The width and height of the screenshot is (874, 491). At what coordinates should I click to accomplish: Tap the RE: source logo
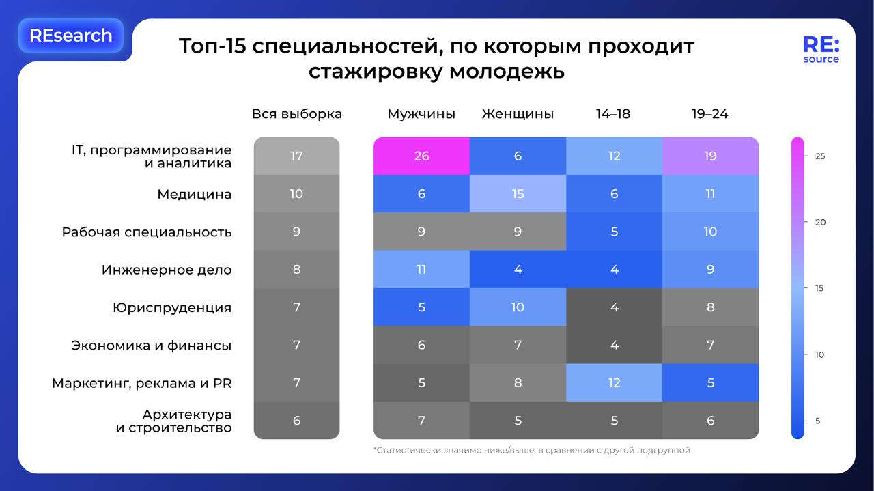[821, 50]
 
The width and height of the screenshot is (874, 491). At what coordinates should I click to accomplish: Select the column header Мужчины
[421, 114]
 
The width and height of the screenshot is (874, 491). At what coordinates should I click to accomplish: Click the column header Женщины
[518, 114]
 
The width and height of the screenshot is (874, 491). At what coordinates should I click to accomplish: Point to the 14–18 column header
[613, 114]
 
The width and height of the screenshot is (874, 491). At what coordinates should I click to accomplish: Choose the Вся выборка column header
[296, 114]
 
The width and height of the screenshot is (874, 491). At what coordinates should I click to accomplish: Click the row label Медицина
[194, 195]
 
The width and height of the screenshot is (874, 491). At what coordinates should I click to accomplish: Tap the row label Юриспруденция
[172, 308]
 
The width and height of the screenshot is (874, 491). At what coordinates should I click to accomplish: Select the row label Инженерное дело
[167, 270]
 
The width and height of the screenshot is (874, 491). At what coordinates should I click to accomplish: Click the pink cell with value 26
[421, 156]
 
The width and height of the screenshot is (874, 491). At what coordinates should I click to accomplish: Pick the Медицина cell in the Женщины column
[518, 194]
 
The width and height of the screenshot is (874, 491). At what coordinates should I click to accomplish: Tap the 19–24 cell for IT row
[710, 156]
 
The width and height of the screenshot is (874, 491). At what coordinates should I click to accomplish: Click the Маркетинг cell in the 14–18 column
[614, 382]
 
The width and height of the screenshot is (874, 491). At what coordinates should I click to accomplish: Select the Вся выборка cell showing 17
[296, 156]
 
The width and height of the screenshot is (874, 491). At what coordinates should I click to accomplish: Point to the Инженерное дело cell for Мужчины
[421, 269]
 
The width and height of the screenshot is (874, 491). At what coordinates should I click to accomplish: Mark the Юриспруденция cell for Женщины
[518, 307]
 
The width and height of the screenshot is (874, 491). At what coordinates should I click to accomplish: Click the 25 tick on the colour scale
[819, 156]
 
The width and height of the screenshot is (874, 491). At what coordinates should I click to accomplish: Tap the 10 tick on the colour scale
[819, 354]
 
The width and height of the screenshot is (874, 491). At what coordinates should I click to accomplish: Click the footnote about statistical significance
[531, 451]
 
